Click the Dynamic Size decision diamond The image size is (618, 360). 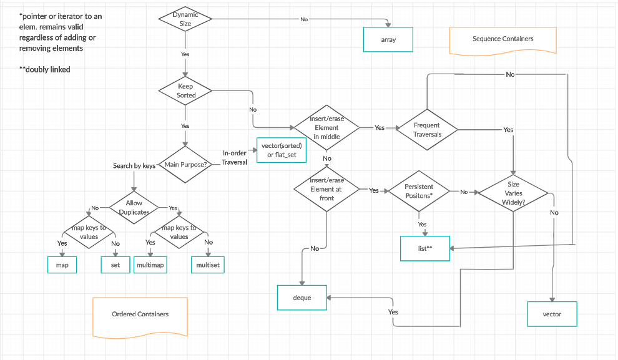click(186, 19)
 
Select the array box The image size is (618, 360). click(388, 39)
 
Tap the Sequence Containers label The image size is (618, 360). click(503, 39)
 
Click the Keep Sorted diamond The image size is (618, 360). click(186, 91)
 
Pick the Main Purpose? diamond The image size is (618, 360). click(185, 165)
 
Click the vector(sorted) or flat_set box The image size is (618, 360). click(282, 150)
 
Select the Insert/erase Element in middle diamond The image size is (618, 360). click(326, 127)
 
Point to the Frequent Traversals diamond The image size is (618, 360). click(427, 130)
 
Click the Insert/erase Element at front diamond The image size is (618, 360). click(326, 189)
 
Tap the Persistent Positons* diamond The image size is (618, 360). click(419, 191)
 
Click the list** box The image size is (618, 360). click(424, 248)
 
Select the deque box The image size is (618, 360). click(302, 298)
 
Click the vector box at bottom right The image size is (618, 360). click(552, 314)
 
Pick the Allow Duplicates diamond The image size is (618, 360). click(134, 207)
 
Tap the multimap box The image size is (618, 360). click(150, 265)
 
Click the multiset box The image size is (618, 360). click(207, 265)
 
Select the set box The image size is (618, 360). click(115, 265)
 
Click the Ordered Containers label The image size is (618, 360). click(140, 314)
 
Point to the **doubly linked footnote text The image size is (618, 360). click(46, 69)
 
